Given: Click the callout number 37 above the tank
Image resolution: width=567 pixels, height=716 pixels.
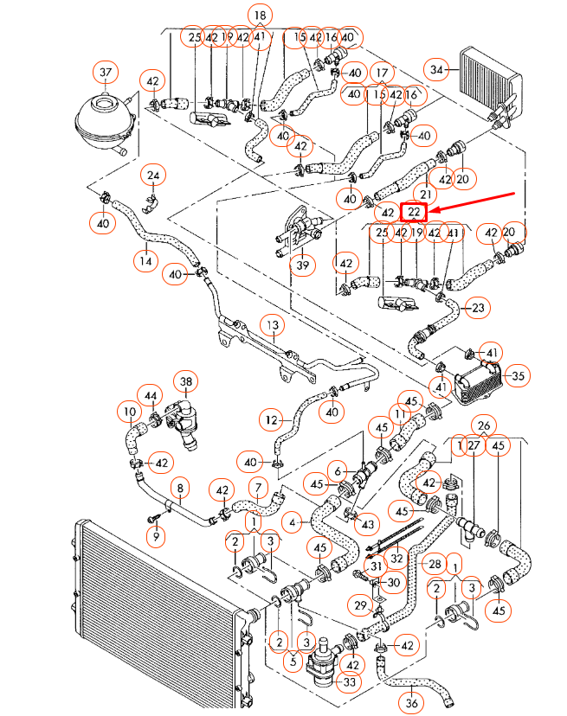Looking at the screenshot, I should click(x=106, y=71).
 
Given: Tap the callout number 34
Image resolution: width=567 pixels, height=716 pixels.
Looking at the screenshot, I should click(x=437, y=68).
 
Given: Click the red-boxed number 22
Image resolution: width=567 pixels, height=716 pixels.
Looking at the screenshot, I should click(x=415, y=212).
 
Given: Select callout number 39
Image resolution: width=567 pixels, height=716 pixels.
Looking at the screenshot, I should click(x=302, y=265).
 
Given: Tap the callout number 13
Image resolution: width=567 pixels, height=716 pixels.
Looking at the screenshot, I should click(x=272, y=325).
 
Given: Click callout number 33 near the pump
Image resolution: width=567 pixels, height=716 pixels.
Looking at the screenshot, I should click(x=325, y=682).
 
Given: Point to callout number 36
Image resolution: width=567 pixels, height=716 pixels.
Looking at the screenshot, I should click(x=412, y=706).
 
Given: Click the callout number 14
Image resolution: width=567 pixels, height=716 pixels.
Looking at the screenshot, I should click(x=146, y=260).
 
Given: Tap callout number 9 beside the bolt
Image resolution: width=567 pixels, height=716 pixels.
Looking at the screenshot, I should click(x=156, y=538).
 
